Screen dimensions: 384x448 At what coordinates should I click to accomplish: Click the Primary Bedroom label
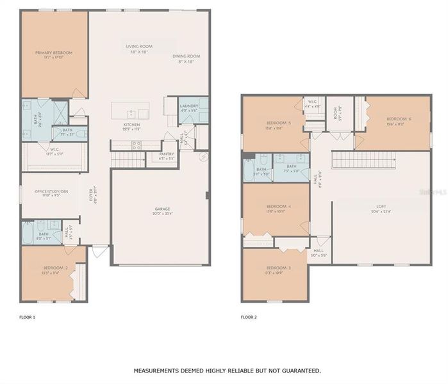point(54,52)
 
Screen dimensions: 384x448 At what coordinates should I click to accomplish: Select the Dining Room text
point(187,56)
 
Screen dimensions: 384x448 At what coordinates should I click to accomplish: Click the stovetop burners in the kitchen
point(137,145)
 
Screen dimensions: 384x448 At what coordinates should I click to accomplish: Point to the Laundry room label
point(188,106)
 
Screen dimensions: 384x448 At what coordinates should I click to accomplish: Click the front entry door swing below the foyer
point(99,252)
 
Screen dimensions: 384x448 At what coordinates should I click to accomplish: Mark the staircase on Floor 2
point(363,159)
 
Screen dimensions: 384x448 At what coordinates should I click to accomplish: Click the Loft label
point(381,207)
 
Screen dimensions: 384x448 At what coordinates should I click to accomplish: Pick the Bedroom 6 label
point(399,119)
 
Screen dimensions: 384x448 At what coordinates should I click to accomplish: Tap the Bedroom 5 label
point(278,123)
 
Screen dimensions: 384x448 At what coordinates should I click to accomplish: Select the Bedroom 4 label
point(278,206)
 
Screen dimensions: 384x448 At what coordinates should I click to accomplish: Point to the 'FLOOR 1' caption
point(28,317)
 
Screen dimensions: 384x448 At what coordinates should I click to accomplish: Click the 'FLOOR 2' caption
point(249,317)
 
